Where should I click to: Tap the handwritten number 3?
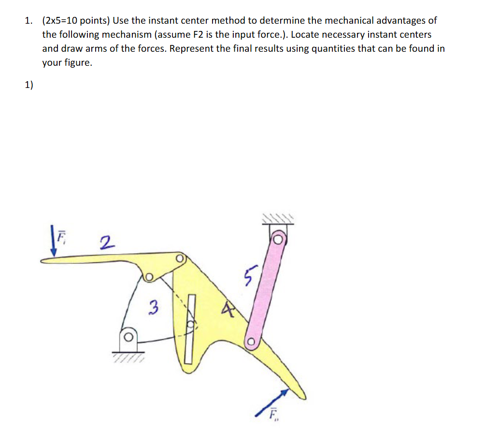click(153, 307)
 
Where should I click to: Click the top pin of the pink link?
click(278, 239)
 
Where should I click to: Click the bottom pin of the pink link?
click(251, 342)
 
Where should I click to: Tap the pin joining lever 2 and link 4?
click(180, 259)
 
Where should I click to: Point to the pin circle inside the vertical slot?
click(191, 324)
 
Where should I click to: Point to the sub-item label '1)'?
click(29, 85)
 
